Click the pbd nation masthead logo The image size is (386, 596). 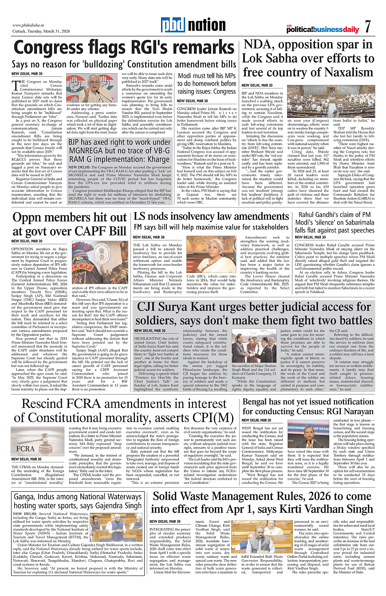(x=193, y=25)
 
